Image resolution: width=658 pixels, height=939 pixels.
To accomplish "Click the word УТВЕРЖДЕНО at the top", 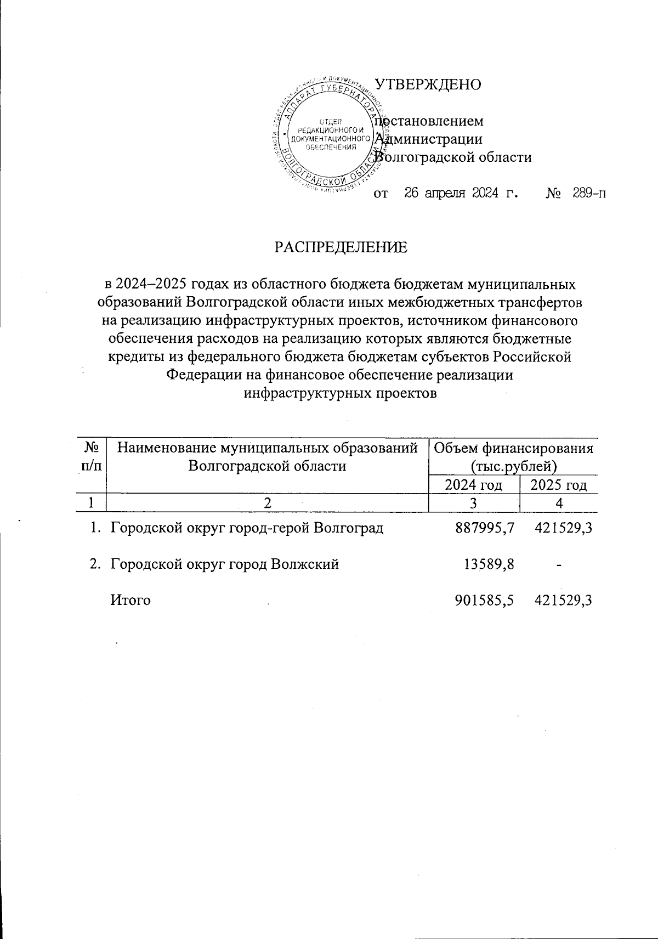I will point(427,84).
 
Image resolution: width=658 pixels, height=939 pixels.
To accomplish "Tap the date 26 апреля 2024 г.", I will point(461,193).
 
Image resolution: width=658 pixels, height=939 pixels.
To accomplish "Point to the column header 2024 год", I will point(473,485).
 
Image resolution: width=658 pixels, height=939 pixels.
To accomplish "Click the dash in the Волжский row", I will point(558,564).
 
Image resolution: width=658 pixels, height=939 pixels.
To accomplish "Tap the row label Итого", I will point(131,600).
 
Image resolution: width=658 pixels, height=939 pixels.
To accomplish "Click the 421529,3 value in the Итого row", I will point(564,600).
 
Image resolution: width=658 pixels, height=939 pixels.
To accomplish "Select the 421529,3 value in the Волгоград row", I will point(564,528).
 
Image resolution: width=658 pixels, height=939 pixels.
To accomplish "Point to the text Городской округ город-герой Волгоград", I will point(247,528).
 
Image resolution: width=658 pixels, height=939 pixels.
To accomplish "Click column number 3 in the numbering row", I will point(473,502).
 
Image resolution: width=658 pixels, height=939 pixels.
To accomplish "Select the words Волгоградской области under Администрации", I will point(456,157).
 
